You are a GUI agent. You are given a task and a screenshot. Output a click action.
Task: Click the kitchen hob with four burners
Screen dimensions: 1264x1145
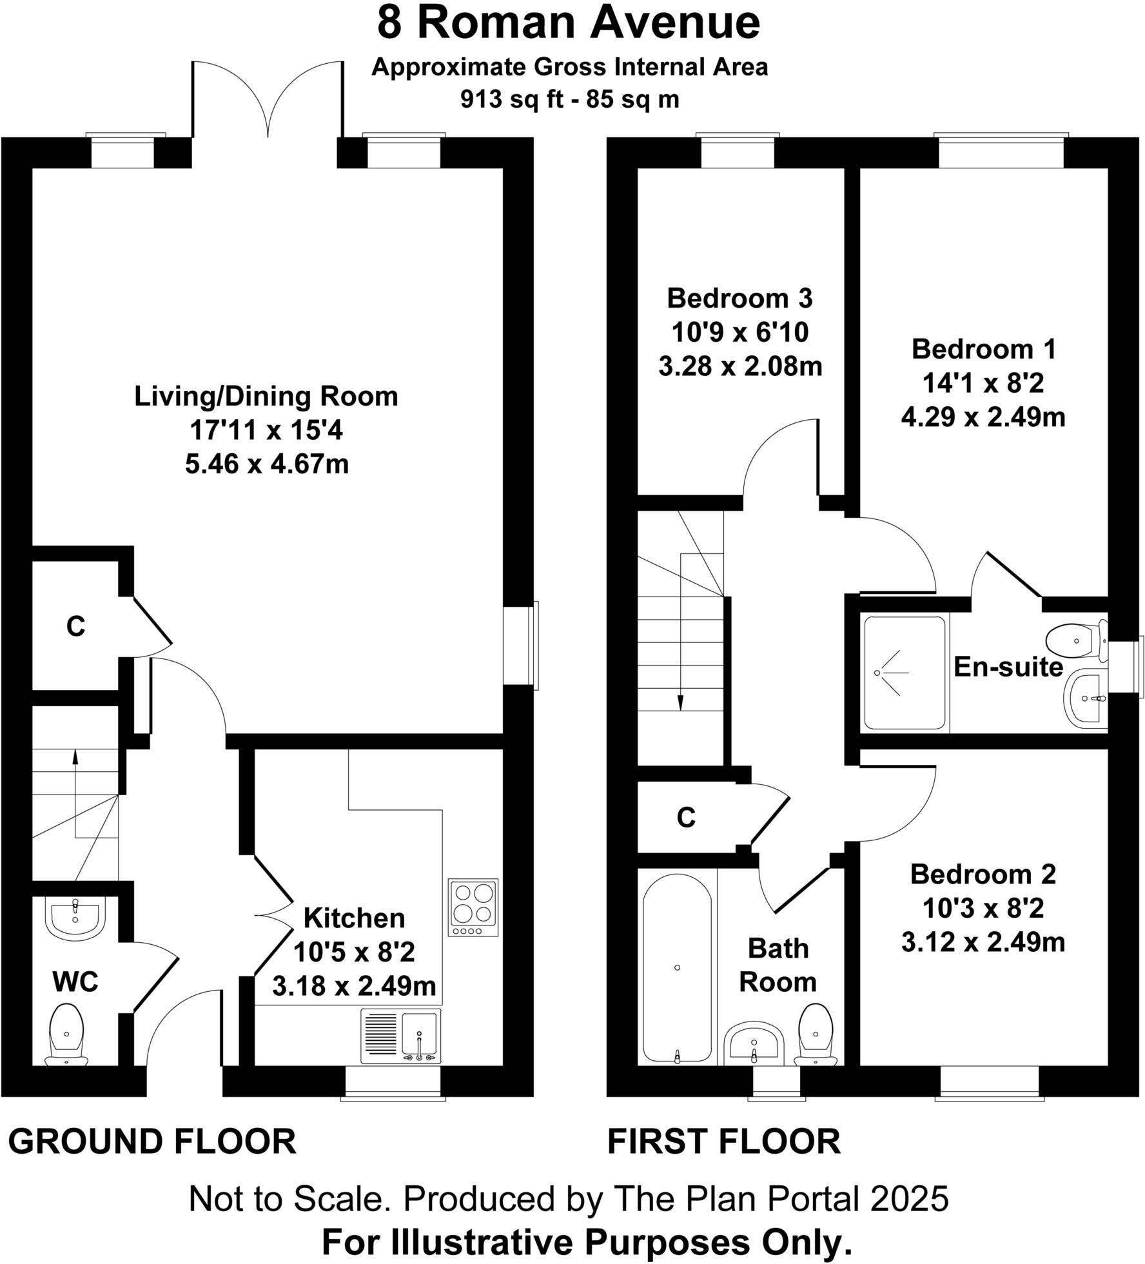pos(473,907)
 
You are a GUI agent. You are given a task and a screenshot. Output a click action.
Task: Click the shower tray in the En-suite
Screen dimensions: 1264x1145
pos(904,673)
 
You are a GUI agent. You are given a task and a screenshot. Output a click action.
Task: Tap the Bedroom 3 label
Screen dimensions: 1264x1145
pos(739,299)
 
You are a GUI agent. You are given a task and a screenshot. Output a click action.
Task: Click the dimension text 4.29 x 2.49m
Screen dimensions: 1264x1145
pos(983,418)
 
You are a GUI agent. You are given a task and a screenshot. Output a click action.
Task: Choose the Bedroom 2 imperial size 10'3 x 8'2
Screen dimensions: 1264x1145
pos(983,909)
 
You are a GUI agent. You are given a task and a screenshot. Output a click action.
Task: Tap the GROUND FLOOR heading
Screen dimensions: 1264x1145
pos(152,1141)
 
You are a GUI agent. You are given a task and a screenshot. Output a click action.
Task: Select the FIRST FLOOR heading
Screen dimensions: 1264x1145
pos(724,1141)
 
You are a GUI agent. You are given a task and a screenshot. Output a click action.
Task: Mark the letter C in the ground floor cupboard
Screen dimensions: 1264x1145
pos(76,626)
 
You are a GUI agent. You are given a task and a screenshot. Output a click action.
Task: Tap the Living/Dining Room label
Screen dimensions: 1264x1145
pos(266,396)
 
